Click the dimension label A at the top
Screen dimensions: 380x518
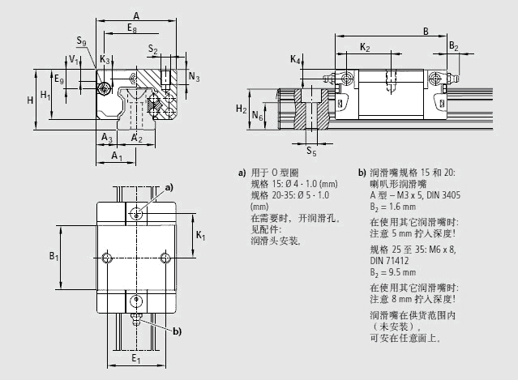[136, 15]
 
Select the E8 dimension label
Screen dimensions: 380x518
[132, 28]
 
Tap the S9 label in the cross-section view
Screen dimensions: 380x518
[79, 41]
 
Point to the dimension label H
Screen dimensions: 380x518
[29, 99]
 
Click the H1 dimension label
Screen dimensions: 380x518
[46, 96]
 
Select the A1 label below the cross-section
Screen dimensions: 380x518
[118, 155]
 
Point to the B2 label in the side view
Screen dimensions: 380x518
[454, 46]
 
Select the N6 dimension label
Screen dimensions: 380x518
[258, 117]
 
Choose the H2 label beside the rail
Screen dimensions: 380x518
[241, 109]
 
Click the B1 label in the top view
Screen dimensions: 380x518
[54, 257]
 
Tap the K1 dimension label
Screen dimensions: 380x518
[200, 236]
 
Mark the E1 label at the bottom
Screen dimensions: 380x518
[136, 360]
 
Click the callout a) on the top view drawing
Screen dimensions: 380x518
[169, 187]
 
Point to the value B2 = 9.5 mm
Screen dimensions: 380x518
[397, 273]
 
